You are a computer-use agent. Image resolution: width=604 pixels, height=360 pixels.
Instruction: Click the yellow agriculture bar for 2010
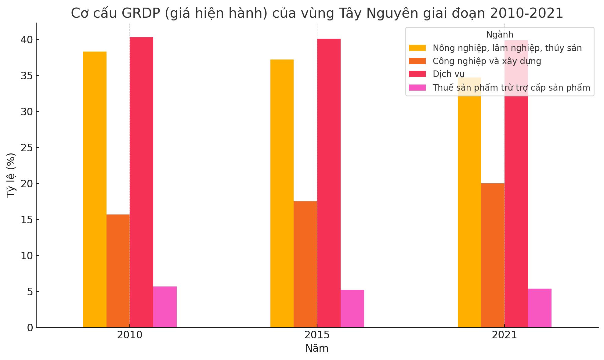pos(95,189)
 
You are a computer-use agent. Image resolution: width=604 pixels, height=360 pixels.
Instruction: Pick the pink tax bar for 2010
pos(165,307)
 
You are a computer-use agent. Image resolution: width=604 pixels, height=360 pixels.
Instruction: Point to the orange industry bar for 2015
pos(305,264)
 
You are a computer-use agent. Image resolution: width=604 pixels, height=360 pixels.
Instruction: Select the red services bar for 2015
pos(329,183)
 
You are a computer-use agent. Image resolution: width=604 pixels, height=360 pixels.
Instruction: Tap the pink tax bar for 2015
pos(352,308)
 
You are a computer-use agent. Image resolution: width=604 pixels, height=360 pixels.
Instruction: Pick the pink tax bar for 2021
pos(540,308)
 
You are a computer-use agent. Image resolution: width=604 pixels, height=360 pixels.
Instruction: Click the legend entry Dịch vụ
pos(448,74)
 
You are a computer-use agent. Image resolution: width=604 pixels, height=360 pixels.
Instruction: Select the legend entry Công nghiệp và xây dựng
pos(487,61)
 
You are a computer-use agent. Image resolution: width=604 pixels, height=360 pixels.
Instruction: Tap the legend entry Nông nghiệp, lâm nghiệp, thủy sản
pos(507,48)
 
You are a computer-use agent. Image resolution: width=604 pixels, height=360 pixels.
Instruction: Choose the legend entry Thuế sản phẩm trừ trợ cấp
pos(511,88)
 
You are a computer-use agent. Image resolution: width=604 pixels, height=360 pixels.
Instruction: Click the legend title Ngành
pos(500,35)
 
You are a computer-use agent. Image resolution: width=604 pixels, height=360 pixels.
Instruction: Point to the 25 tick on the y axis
pos(27,148)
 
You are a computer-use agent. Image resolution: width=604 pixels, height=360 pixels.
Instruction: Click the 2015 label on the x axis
pos(317,335)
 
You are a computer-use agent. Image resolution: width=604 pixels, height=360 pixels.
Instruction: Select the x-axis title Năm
pos(317,348)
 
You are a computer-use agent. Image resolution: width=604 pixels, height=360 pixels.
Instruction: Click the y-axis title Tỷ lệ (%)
pos(11,175)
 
